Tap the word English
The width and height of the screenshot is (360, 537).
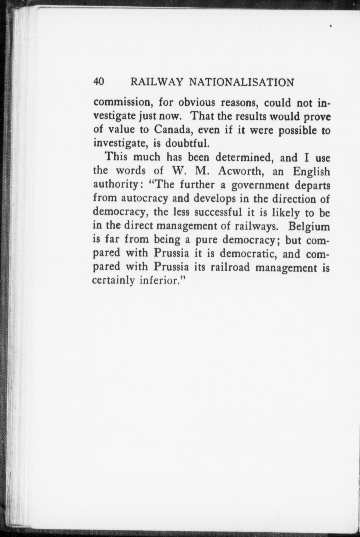tap(311, 172)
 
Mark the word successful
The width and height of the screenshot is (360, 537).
tap(217, 213)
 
